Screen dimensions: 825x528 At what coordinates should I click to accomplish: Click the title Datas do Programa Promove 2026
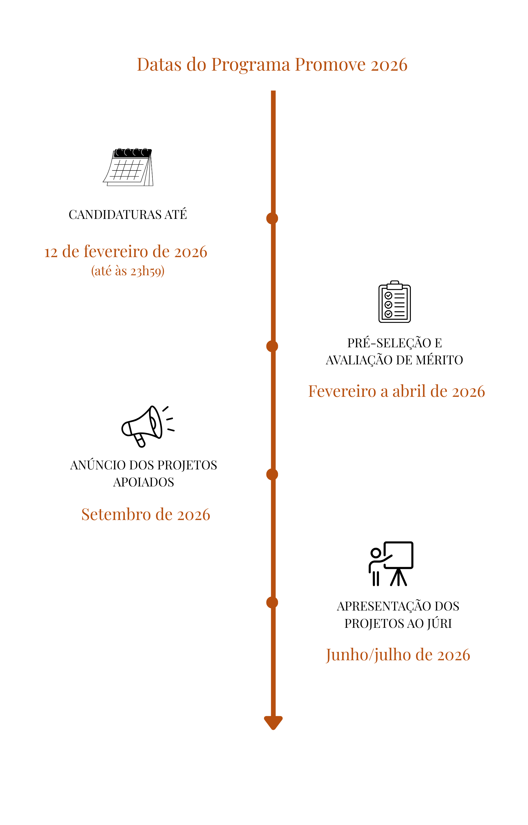coord(272,64)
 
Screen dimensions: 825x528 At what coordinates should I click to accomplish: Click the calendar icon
coord(128,167)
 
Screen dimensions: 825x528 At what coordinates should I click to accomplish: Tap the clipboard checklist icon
coord(394,302)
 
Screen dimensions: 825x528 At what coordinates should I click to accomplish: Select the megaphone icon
coord(147,426)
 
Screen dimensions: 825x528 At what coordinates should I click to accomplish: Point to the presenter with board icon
coord(391,564)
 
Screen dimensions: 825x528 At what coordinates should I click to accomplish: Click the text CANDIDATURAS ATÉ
coord(128,215)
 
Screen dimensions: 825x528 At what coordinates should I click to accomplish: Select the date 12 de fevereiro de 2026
coord(126,252)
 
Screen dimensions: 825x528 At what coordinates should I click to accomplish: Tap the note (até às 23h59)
coord(128,271)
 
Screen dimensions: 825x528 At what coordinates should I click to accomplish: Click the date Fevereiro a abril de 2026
coord(396,391)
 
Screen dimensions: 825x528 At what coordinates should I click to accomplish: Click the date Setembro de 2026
coord(145,515)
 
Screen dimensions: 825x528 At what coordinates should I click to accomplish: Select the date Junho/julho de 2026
coord(398,655)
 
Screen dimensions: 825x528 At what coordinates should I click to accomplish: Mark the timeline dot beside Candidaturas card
coord(272,218)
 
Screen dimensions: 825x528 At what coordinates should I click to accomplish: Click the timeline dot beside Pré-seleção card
coord(272,346)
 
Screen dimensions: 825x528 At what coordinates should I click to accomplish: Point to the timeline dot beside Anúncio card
coord(272,474)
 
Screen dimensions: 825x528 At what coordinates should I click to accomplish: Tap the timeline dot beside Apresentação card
coord(272,602)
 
